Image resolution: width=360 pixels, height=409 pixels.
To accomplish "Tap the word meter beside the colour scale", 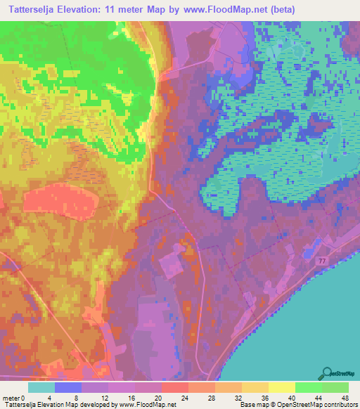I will pyautogui.click(x=11, y=398).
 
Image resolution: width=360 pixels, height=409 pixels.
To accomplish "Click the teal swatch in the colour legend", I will pyautogui.click(x=41, y=387).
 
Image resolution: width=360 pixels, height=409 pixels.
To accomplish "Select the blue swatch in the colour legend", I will pyautogui.click(x=68, y=387).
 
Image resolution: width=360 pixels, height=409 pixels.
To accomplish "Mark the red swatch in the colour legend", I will pyautogui.click(x=175, y=387).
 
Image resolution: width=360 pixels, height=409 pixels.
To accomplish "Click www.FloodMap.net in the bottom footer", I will pyautogui.click(x=147, y=405).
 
